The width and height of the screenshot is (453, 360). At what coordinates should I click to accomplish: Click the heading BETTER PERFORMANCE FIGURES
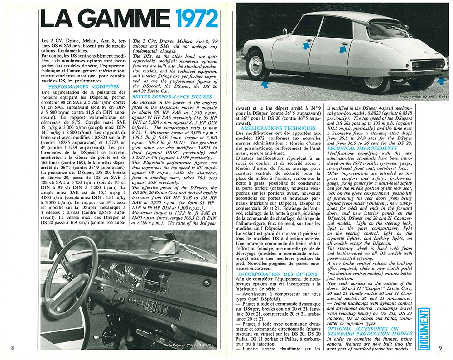pos(172,96)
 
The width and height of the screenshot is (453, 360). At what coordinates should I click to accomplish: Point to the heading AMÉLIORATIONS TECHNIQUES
pos(279,128)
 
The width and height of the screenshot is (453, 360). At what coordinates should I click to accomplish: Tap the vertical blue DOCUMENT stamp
pos(424,325)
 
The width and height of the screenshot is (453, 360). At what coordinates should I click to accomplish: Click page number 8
pos(13,348)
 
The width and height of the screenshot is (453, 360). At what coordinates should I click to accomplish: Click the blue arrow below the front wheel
pos(265,84)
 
